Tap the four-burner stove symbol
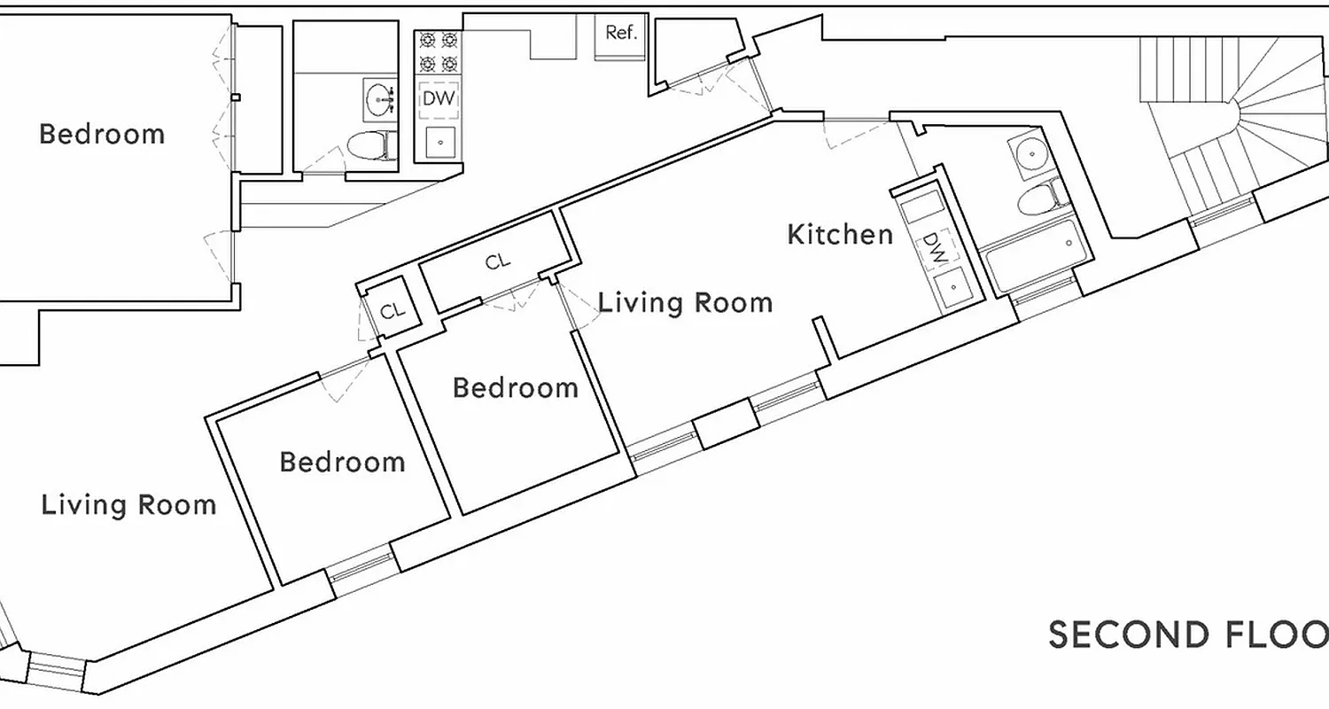[439, 52]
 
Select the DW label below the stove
[439, 98]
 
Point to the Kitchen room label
[840, 235]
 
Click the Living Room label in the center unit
[685, 303]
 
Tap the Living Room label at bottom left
[128, 505]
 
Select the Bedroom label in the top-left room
[102, 135]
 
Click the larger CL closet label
[498, 262]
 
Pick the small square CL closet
[392, 311]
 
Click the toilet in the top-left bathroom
[369, 144]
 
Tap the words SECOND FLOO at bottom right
[1188, 635]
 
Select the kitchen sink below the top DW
[439, 141]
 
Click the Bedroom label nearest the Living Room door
[515, 388]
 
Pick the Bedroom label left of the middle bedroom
[342, 462]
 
